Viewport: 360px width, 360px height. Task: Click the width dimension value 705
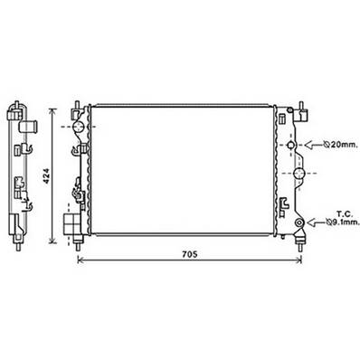185,252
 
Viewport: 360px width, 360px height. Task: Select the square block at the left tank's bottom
69,221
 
